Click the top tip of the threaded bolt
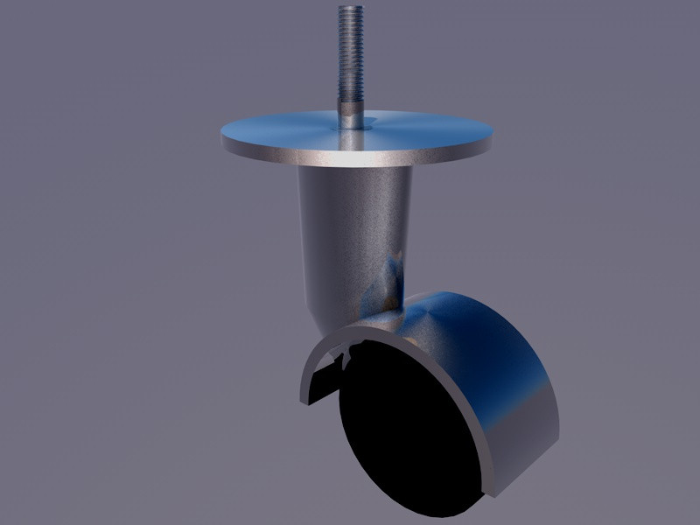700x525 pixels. [x=351, y=8]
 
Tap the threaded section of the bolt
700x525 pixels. [x=351, y=52]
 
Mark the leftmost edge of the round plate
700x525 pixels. [x=220, y=136]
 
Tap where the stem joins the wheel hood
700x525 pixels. [x=394, y=311]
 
